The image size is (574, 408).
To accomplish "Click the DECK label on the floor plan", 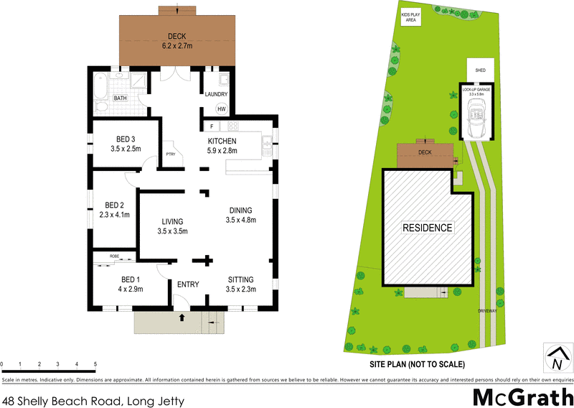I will (177, 37).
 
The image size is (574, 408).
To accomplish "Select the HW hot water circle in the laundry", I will (222, 109).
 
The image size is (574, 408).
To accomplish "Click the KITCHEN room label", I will (222, 141).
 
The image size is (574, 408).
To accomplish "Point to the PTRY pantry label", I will (171, 154).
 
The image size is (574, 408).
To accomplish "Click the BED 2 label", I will (116, 204).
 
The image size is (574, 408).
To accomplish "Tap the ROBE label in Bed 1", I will (114, 256).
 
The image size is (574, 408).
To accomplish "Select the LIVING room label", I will (172, 221).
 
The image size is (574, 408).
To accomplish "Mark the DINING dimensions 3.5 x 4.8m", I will (241, 220).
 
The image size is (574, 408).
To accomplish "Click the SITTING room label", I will (241, 279).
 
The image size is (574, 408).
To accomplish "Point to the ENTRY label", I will (188, 284).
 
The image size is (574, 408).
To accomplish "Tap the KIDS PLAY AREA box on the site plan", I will (411, 17).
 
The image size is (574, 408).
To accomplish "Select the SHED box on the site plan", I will (480, 70).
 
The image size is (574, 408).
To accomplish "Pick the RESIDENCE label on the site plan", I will (428, 228).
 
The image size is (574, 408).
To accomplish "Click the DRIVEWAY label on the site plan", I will (488, 310).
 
